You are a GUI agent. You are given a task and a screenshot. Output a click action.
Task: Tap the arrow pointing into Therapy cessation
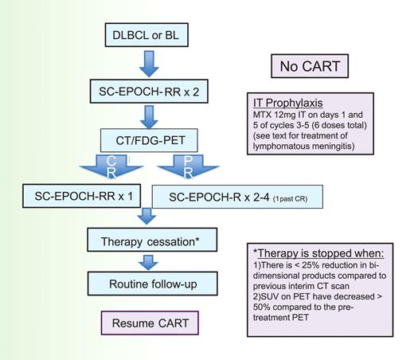tap(146, 217)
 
